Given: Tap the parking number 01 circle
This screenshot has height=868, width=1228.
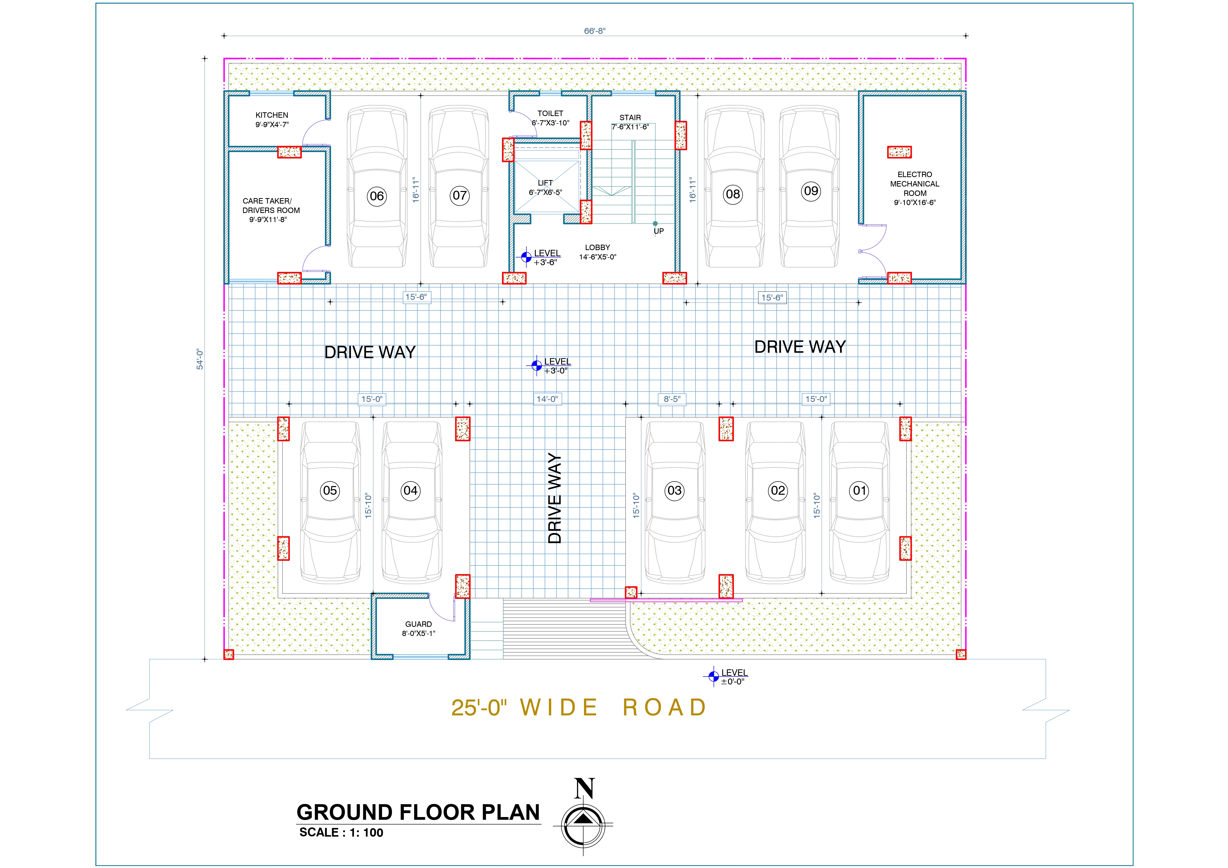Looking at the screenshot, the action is click(860, 491).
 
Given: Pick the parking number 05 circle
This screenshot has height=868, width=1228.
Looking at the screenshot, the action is click(330, 491).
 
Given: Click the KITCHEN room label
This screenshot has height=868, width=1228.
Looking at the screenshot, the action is click(272, 115).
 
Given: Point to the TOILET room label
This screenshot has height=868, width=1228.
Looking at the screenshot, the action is click(550, 113).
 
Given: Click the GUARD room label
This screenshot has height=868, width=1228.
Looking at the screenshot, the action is click(418, 624).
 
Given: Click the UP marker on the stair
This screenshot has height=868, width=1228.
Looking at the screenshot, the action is click(658, 231).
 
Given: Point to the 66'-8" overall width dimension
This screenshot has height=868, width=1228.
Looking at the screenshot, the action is click(595, 31).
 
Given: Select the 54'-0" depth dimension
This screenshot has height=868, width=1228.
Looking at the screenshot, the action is click(199, 359).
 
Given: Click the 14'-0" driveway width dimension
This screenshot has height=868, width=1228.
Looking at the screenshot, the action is click(547, 399).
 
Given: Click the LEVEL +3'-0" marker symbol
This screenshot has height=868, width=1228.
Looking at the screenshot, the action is click(536, 366).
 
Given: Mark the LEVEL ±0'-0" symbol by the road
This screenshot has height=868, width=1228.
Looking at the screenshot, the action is click(714, 677).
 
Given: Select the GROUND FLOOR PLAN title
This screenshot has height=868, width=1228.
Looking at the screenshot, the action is click(418, 812).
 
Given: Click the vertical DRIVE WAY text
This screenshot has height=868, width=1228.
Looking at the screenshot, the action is click(555, 498).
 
